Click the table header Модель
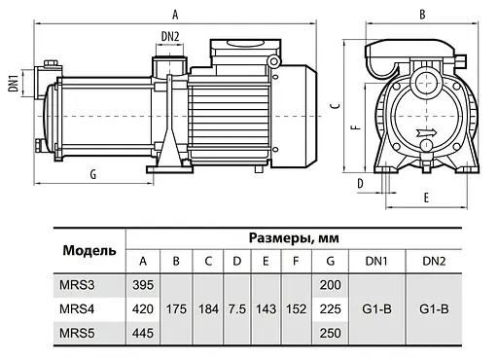tap(89, 249)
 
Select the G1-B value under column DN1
tap(377, 308)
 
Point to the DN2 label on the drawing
tap(170, 37)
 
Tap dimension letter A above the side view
tap(173, 14)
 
